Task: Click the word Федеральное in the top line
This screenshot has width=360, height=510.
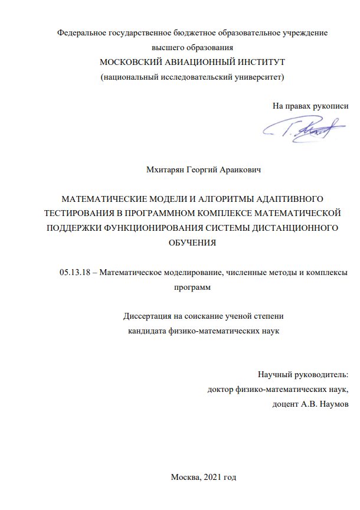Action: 81,34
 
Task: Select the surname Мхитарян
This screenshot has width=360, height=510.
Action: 168,170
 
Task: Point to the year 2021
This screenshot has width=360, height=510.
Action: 213,477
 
